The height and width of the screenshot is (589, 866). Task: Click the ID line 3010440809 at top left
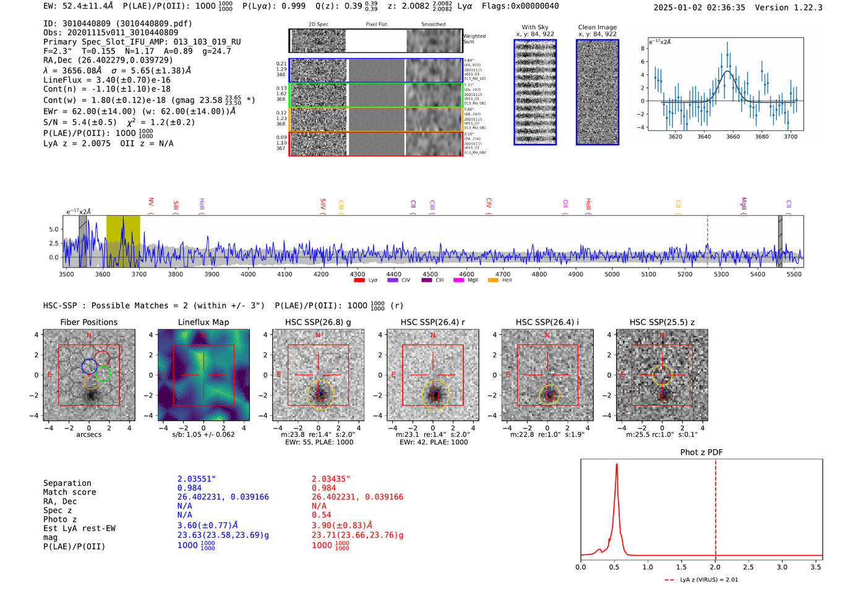(x=118, y=23)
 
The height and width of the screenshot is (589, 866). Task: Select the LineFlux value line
(x=106, y=80)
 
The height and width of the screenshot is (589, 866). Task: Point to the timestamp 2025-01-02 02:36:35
(x=699, y=7)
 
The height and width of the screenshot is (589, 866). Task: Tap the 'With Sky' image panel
(x=535, y=92)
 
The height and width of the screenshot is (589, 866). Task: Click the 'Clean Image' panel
(x=598, y=92)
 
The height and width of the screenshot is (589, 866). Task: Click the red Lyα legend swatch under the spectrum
(x=359, y=280)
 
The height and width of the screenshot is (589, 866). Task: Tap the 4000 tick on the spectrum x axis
(x=248, y=274)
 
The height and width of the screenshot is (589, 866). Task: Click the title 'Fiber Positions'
(x=88, y=322)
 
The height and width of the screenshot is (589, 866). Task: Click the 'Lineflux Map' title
(x=204, y=322)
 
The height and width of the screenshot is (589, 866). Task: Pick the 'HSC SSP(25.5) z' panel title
(x=662, y=322)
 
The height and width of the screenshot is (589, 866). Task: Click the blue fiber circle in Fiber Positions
(x=89, y=366)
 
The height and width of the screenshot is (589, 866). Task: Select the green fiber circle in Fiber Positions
(x=103, y=373)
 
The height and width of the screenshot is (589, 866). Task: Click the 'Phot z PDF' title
(x=701, y=452)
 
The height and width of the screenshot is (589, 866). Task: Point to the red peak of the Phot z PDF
(x=617, y=465)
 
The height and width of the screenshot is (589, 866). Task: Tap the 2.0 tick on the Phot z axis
(x=715, y=567)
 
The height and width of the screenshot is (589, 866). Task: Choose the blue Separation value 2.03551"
(x=197, y=479)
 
